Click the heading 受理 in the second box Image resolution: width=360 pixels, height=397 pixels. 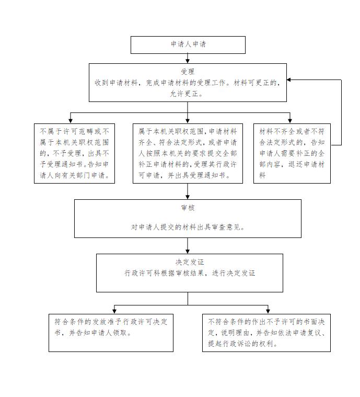coord(188,72)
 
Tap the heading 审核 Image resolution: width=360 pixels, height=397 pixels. coord(188,208)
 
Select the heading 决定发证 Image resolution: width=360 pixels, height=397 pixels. coord(190,262)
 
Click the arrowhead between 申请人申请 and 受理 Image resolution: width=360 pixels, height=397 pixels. coord(188,61)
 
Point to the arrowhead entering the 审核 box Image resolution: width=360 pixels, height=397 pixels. coord(188,197)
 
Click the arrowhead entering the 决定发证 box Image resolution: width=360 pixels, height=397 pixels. coord(188,252)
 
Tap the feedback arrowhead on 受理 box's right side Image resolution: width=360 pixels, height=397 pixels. coord(289,80)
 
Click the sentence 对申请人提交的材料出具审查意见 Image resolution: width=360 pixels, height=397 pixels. coord(188,227)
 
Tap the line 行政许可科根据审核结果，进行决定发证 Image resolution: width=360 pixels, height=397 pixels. coord(190,273)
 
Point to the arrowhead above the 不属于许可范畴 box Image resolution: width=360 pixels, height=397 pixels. coord(71,121)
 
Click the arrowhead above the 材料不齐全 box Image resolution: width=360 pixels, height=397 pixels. coord(290,121)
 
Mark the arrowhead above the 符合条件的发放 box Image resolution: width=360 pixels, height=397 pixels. coord(114,311)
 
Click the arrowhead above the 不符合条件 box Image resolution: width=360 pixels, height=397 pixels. coord(268,311)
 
